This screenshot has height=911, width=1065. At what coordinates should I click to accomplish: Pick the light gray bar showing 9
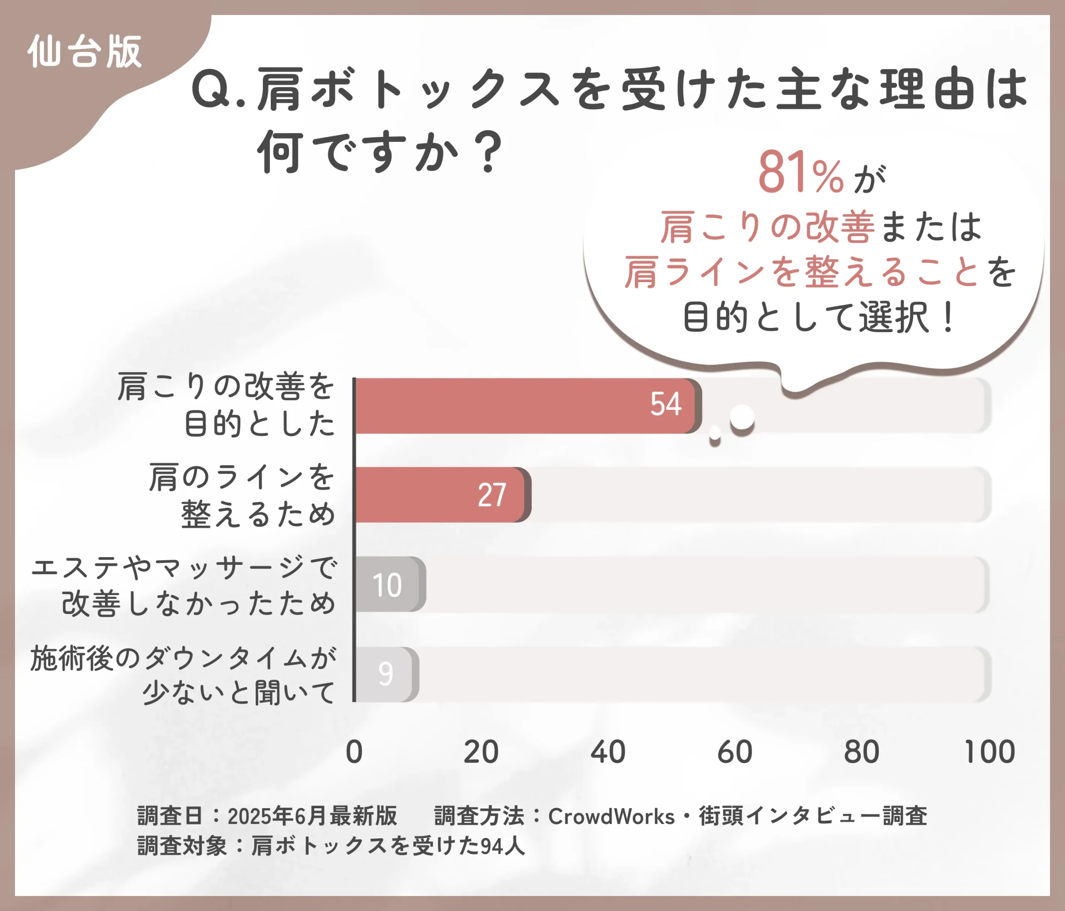pos(386,674)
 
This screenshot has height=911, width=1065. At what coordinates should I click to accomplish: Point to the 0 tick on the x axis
pos(354,752)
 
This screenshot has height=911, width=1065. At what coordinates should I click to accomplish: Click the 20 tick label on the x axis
pos(480,752)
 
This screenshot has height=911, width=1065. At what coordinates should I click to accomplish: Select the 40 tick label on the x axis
pos(607,752)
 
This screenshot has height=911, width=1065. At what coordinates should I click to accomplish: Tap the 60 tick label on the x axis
pos(735,752)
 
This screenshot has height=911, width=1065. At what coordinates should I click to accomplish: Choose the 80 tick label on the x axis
pos(862,752)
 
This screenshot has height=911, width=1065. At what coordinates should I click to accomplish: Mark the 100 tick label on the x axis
pos(989,752)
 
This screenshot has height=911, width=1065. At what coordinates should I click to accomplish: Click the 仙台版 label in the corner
pos(85,52)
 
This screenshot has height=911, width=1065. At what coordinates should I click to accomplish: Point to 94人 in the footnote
pos(502,846)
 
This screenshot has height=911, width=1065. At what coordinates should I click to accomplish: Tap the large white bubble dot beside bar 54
pos(742,417)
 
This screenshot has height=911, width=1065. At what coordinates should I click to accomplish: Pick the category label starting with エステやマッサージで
pos(184,585)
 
